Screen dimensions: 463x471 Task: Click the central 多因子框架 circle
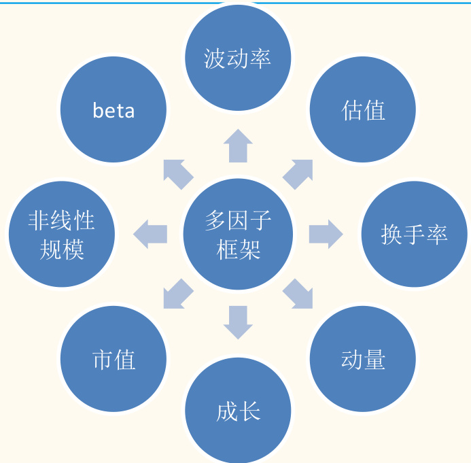point(238,235)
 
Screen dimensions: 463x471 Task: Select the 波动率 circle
point(238,58)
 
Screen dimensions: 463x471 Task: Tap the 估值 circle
point(363,109)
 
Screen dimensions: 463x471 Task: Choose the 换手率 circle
point(414,235)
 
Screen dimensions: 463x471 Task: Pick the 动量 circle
point(363,359)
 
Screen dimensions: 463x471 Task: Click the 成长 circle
point(238,411)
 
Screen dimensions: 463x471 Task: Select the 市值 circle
point(114,359)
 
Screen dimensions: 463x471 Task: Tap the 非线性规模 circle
point(62,235)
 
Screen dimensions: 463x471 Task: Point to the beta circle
point(114,109)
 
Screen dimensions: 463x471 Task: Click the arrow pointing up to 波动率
point(238,145)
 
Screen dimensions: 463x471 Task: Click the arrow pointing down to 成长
point(238,322)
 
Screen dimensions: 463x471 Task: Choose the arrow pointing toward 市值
point(178,294)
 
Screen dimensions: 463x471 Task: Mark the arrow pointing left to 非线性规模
point(150,235)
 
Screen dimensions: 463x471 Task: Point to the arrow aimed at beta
point(178,174)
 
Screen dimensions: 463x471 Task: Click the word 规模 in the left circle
point(62,250)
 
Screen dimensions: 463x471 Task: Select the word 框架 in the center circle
point(238,250)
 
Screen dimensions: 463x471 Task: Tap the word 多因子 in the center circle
point(238,220)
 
